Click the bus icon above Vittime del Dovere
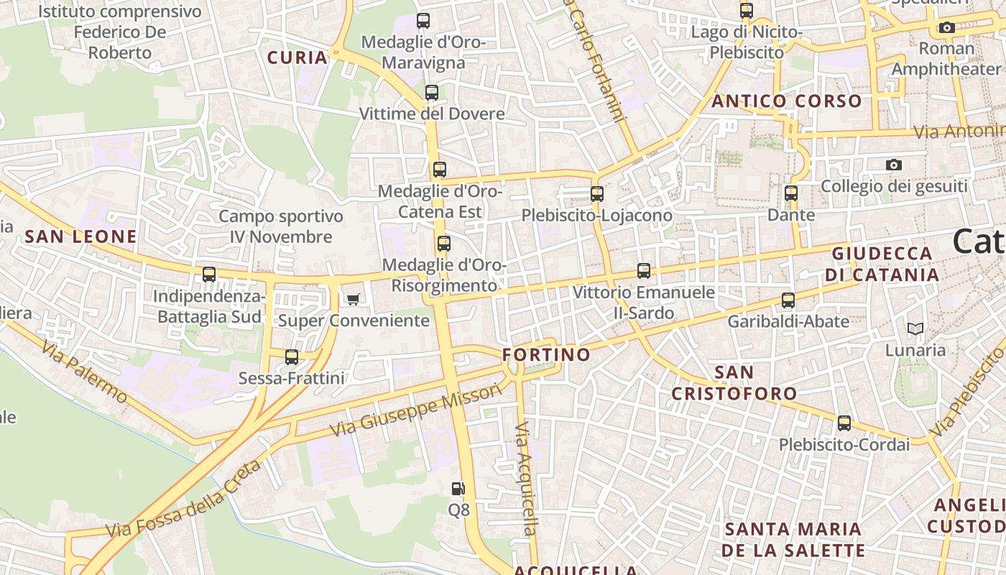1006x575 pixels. pos(432,93)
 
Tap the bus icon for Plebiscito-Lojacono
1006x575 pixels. pos(597,194)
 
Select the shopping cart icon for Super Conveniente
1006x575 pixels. pos(354,299)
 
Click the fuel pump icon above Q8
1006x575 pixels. pos(458,489)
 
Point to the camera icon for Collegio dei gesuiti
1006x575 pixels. pos(894,165)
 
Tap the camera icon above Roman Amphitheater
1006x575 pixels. pos(947,28)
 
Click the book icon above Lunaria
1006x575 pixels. pos(915,329)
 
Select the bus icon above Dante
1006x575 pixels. pos(791,193)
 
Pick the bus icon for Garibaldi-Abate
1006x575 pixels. pos(788,300)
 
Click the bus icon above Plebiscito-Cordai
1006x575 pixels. pos(844,423)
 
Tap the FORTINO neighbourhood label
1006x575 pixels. pos(546,354)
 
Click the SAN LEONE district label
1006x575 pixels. pos(80,236)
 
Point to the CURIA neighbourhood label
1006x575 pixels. pos(297,58)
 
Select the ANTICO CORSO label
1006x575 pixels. pos(787,101)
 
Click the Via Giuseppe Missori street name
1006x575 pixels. pos(415,410)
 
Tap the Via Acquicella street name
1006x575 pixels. pos(525,479)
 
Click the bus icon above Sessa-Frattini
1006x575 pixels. pos(292,357)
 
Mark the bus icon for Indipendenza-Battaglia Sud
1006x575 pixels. pos(209,275)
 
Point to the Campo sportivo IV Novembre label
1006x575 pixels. pos(281,226)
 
